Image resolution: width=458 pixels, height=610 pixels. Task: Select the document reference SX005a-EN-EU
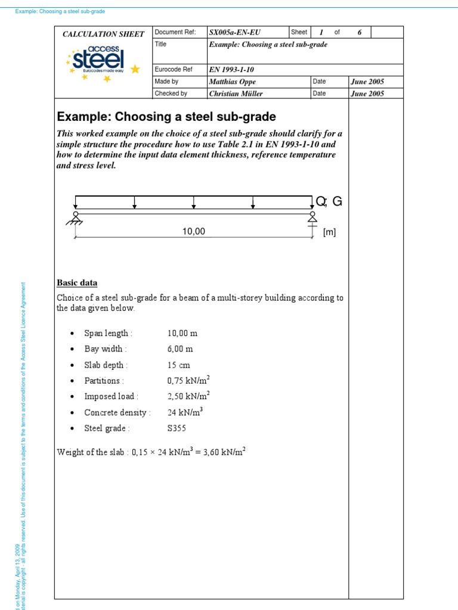[x=235, y=32]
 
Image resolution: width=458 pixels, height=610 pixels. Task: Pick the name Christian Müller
[x=236, y=94]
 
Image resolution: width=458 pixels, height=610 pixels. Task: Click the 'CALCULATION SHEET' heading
[x=103, y=34]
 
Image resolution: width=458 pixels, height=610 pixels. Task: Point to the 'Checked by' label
[x=171, y=94]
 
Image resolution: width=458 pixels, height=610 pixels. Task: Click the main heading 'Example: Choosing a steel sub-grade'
[x=166, y=116]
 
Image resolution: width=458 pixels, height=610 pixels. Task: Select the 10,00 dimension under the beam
[x=194, y=232]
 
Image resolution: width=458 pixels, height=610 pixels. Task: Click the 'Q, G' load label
[x=329, y=202]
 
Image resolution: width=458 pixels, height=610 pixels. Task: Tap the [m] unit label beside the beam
[x=329, y=233]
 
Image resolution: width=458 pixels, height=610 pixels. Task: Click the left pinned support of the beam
[x=75, y=219]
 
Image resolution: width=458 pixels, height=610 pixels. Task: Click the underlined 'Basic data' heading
[x=77, y=283]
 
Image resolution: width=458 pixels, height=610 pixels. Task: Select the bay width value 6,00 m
[x=180, y=349]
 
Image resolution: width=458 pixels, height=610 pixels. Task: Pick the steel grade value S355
[x=177, y=428]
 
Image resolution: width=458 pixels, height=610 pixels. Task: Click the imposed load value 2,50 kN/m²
[x=188, y=396]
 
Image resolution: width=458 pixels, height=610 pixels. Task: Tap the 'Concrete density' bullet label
[x=117, y=412]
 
